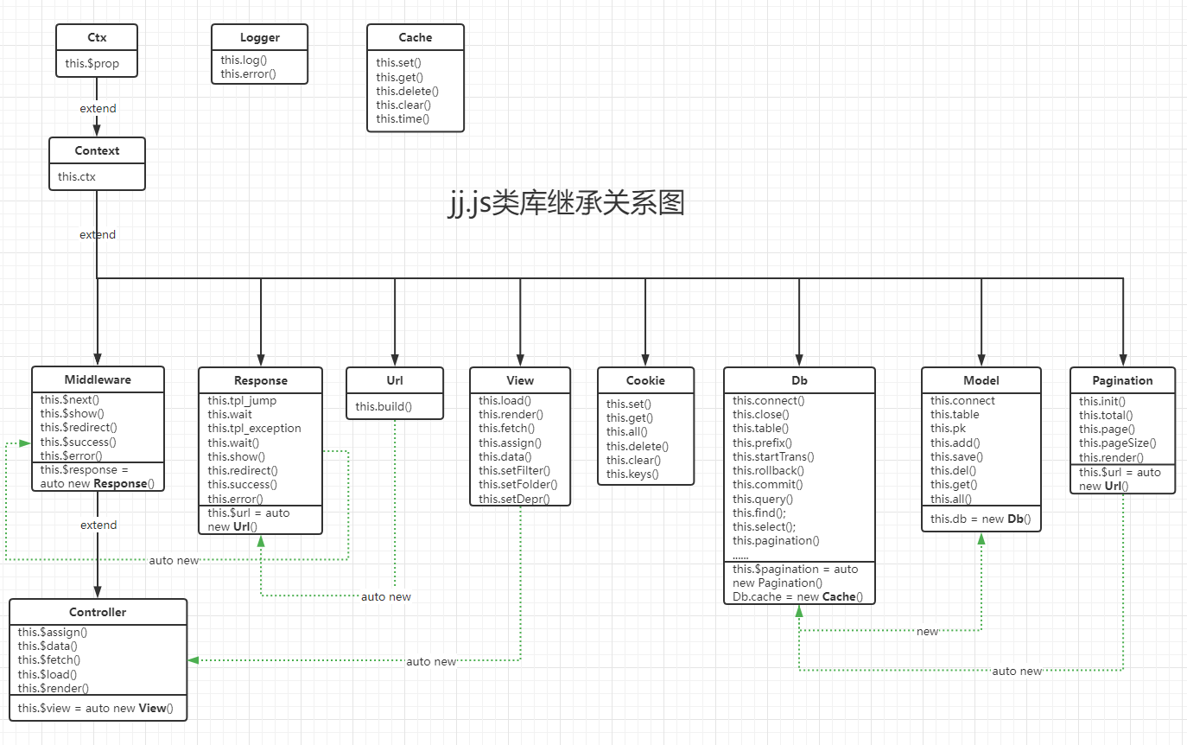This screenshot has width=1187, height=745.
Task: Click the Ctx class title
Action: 97,37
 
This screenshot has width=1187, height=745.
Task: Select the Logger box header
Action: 260,37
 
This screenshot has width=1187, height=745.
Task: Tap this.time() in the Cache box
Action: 403,118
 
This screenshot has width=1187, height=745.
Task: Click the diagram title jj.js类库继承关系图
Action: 566,203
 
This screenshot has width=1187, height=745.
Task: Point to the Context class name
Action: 97,150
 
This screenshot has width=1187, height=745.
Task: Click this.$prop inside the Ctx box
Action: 92,64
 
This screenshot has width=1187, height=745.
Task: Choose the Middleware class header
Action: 98,379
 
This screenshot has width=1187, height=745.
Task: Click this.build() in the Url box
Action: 384,407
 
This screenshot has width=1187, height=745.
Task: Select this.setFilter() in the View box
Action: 515,470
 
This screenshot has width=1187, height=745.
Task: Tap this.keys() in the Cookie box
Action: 632,474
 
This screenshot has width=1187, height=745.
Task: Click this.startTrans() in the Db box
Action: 774,456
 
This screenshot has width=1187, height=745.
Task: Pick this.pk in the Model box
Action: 948,429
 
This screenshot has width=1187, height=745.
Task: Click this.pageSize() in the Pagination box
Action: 1118,443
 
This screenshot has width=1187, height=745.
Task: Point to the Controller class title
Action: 98,612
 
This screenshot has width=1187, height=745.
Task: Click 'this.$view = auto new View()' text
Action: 95,709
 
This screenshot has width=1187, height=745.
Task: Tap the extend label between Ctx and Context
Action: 98,108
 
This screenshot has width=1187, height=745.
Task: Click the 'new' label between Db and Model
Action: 927,632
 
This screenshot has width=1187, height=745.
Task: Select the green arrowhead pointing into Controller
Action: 193,660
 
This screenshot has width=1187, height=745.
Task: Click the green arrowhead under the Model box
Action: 981,538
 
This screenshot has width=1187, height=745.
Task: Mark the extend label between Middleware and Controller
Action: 98,525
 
